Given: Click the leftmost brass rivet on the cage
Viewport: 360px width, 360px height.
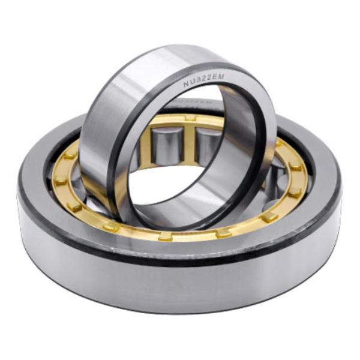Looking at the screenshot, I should tap(61, 180).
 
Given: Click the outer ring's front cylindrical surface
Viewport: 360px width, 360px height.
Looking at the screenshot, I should tap(180, 282).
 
